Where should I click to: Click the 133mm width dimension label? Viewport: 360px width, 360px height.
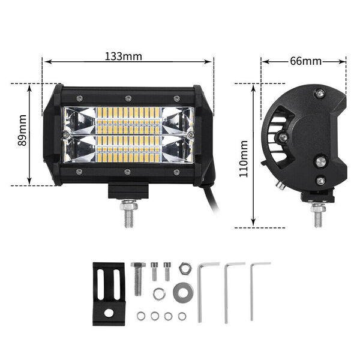point(124,56)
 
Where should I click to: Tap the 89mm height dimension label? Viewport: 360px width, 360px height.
point(22,130)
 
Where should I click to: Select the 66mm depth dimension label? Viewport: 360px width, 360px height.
point(305,61)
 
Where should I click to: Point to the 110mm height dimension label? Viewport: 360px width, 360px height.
point(244,159)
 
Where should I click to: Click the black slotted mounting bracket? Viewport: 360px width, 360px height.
point(109,294)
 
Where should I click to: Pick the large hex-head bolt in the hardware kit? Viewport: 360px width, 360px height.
point(138,278)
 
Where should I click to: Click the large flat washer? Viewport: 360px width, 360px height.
point(183,293)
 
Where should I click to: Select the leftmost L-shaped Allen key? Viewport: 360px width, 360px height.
point(202,292)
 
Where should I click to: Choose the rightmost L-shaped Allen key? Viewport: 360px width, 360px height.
point(252,292)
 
